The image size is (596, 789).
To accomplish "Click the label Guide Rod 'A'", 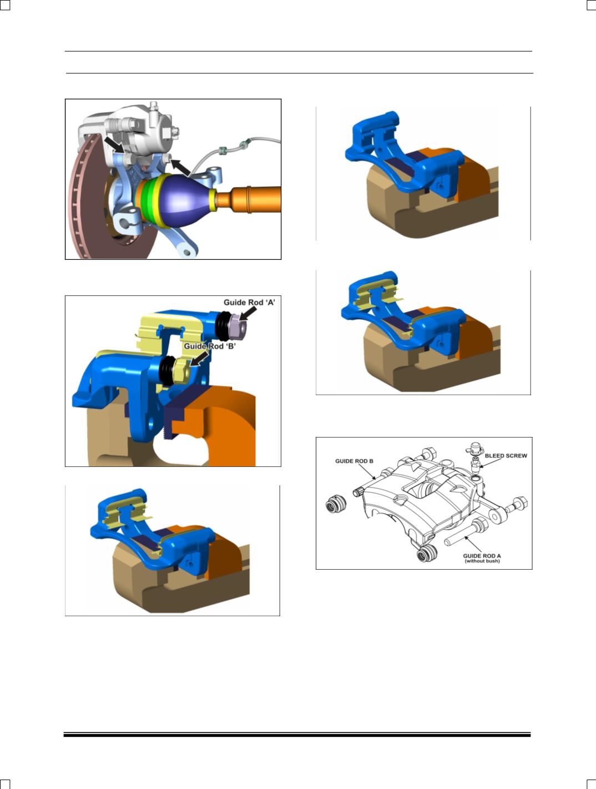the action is click(x=249, y=303).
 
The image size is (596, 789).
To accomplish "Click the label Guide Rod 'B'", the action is click(x=210, y=346).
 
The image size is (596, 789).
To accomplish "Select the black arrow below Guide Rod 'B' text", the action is click(x=199, y=359).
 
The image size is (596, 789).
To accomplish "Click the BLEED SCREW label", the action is click(x=506, y=456).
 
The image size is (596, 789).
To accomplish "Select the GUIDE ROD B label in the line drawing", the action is click(x=354, y=461).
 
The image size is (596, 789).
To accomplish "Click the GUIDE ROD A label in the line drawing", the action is click(x=482, y=556).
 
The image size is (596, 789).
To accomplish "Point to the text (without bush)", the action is click(x=482, y=561).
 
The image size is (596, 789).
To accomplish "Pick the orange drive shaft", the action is click(x=248, y=200).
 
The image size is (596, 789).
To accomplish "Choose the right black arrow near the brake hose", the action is click(x=180, y=168).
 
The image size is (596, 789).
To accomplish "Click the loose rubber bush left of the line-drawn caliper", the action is click(x=336, y=504).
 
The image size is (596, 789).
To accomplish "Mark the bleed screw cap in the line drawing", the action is click(x=475, y=449).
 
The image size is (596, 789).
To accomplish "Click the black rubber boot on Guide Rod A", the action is click(x=223, y=326).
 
